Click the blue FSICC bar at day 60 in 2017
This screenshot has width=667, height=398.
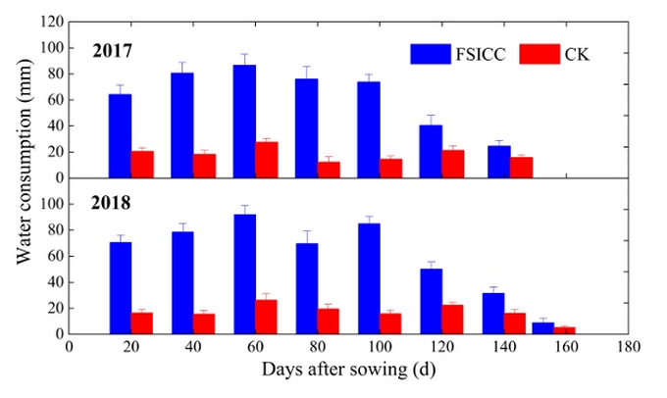coord(244,122)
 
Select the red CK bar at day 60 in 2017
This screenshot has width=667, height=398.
coord(267,160)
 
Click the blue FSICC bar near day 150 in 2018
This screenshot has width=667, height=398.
coord(542,328)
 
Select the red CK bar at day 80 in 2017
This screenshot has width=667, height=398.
coord(329,170)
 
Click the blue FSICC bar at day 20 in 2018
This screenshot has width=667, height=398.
coord(120,287)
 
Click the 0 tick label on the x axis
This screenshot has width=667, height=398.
coord(69,346)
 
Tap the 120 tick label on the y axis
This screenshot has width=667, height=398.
coord(51,22)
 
